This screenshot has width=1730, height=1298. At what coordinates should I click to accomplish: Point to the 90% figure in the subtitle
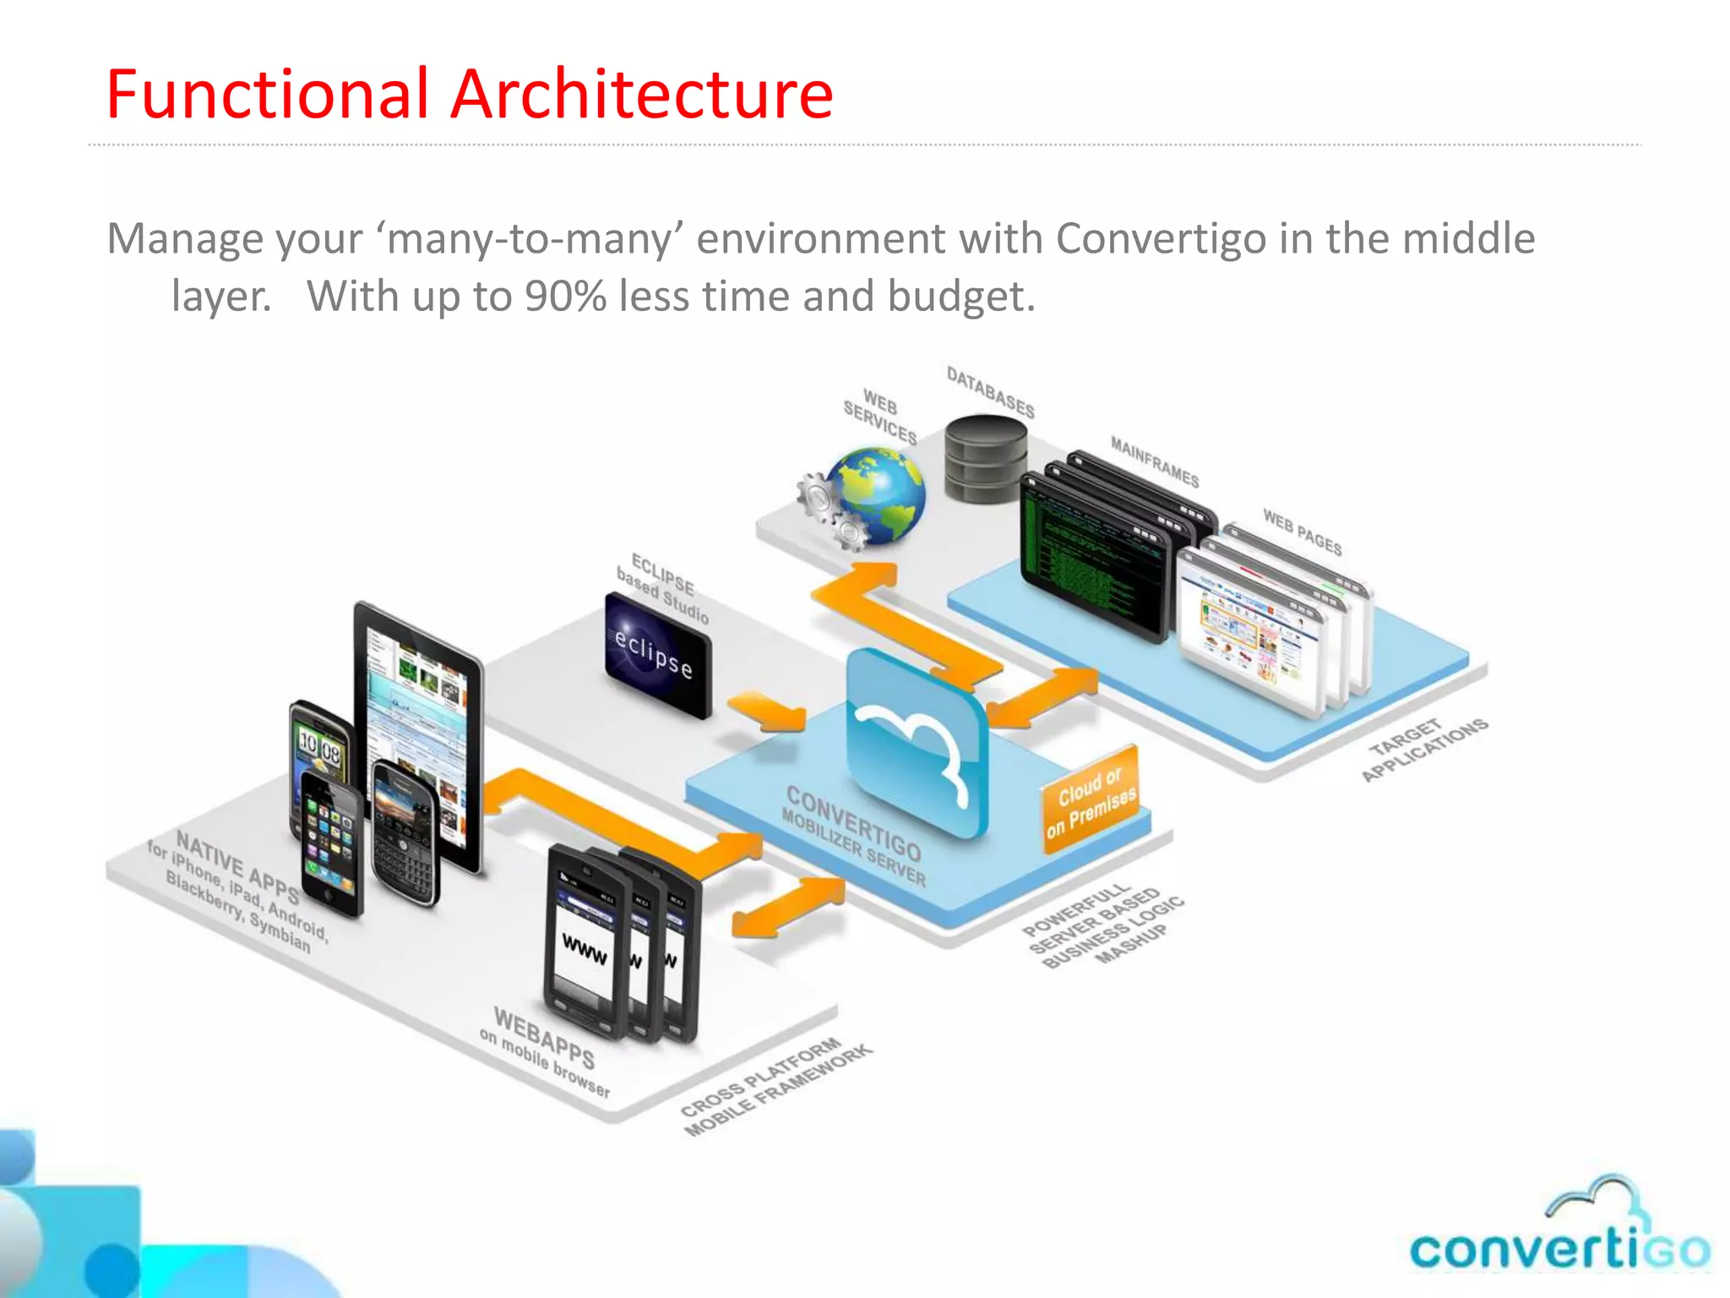tap(565, 297)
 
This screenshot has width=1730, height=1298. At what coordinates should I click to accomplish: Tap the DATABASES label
tap(990, 392)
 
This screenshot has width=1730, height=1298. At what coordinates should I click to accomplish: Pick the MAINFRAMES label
tap(1154, 461)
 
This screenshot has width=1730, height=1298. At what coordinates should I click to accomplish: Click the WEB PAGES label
tap(1302, 532)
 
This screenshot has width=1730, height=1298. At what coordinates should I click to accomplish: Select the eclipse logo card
tap(658, 655)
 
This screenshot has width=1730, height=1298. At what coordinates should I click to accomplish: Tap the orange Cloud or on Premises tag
tap(1091, 799)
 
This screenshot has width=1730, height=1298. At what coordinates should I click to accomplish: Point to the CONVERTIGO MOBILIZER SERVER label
tap(853, 834)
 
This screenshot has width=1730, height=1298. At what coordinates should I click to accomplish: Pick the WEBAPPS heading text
tap(544, 1038)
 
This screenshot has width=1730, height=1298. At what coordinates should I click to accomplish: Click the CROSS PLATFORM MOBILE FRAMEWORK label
tap(775, 1088)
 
